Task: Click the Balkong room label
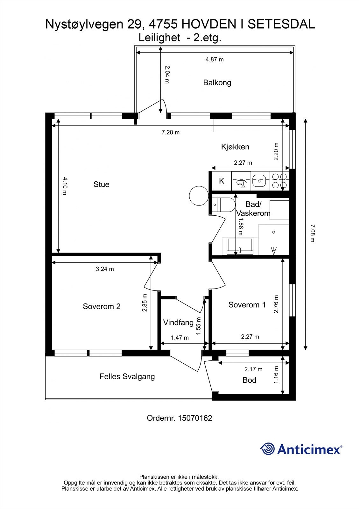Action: pyautogui.click(x=217, y=82)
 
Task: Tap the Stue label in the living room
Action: pyautogui.click(x=101, y=184)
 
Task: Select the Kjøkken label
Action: pyautogui.click(x=235, y=147)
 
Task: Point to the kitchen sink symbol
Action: pyautogui.click(x=260, y=181)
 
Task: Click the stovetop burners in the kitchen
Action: pyautogui.click(x=279, y=181)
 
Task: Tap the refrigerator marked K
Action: pyautogui.click(x=222, y=181)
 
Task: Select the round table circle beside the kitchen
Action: pyautogui.click(x=199, y=196)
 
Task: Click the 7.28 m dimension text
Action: pyautogui.click(x=171, y=132)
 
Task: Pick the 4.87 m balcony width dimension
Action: pyautogui.click(x=215, y=59)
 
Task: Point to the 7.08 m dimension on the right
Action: pyautogui.click(x=313, y=234)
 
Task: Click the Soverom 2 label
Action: pyautogui.click(x=102, y=306)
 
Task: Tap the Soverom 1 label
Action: pyautogui.click(x=247, y=305)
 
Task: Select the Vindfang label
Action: pyautogui.click(x=178, y=323)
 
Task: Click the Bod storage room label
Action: pyautogui.click(x=249, y=380)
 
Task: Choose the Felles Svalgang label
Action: pyautogui.click(x=127, y=377)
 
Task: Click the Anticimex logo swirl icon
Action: pyautogui.click(x=267, y=449)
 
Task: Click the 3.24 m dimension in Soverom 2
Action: pyautogui.click(x=105, y=269)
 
